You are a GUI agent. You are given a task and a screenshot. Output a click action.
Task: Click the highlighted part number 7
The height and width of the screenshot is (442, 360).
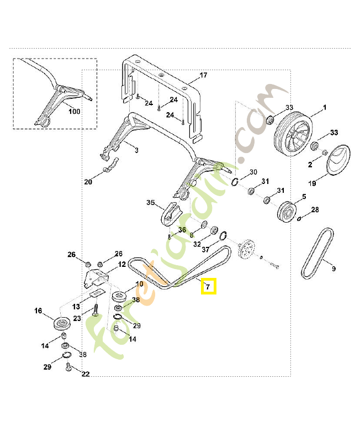[x=208, y=287]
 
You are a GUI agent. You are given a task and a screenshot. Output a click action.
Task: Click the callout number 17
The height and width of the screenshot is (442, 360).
[x=203, y=75]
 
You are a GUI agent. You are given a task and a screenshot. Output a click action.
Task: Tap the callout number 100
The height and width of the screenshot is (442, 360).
[x=74, y=112]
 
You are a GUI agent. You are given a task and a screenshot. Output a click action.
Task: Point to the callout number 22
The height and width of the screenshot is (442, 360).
[x=85, y=374]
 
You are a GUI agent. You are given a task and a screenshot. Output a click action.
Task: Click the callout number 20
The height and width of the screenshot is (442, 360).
[x=88, y=182]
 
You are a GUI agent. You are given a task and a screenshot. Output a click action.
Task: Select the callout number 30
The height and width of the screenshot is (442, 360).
[x=253, y=172]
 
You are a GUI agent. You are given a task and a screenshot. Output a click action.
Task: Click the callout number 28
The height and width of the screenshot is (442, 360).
[x=315, y=209]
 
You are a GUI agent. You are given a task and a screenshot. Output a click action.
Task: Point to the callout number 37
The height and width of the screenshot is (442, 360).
[x=205, y=249]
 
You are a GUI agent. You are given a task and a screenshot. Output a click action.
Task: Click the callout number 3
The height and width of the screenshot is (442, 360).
[x=136, y=150]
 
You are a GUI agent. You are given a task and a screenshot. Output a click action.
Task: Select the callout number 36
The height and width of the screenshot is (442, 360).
[x=182, y=230]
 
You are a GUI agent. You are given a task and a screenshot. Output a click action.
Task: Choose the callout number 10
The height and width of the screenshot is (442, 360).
[x=139, y=284]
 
